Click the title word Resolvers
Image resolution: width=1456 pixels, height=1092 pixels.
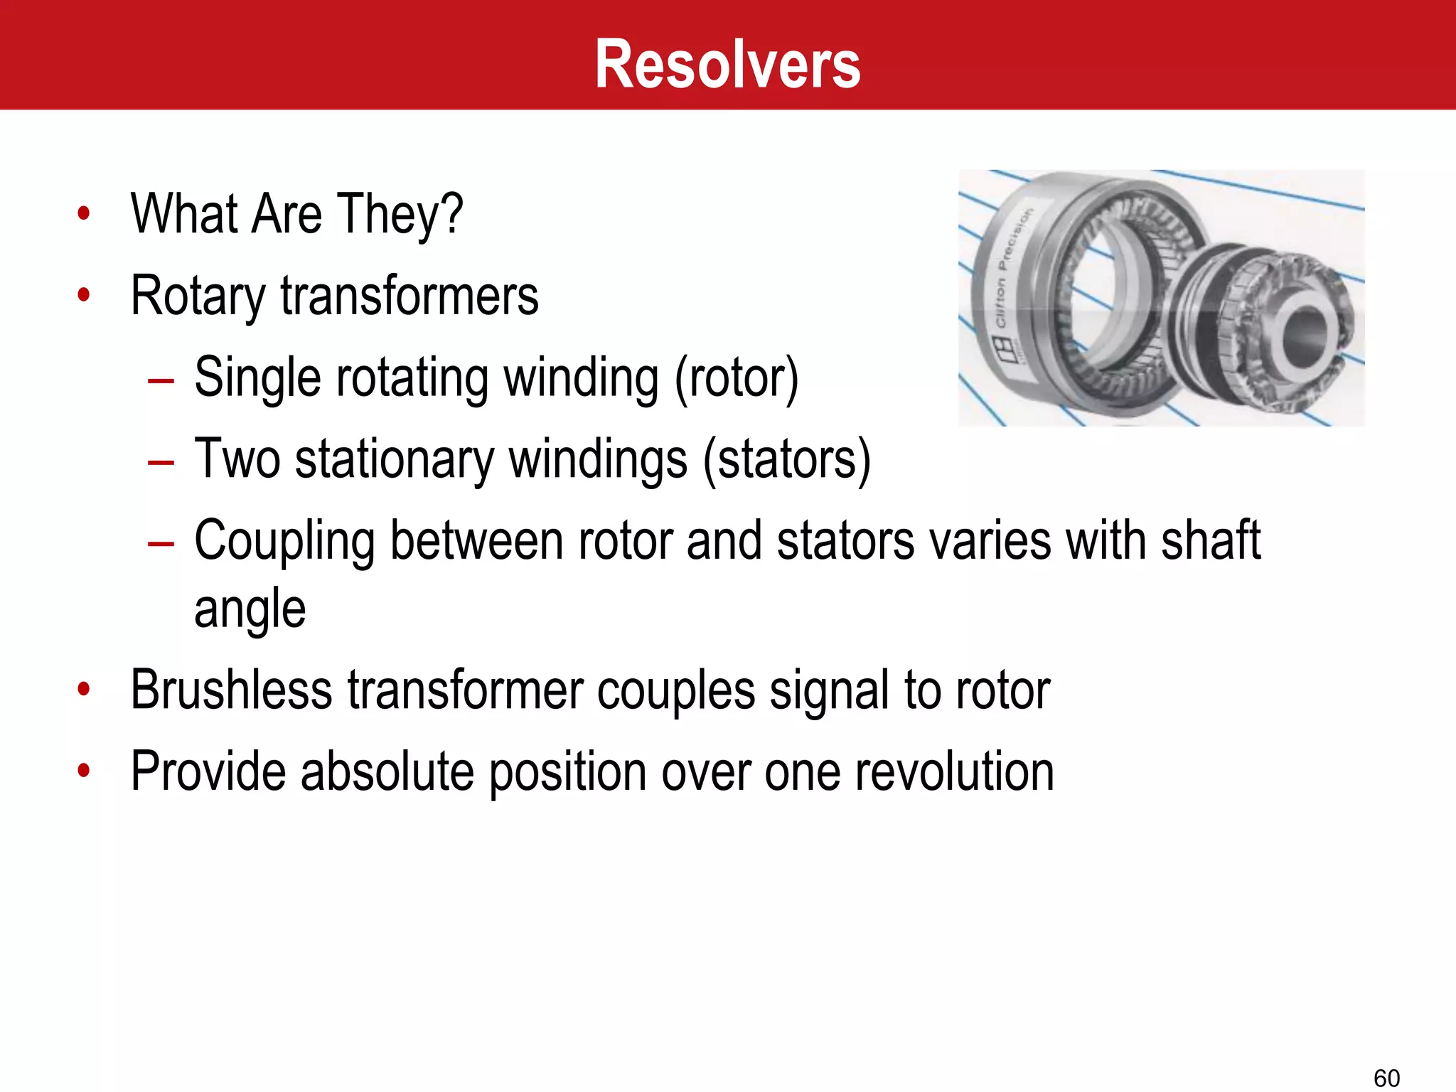[727, 65]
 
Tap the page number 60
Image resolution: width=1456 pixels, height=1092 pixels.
[1386, 1078]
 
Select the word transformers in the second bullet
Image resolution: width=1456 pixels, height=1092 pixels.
[409, 296]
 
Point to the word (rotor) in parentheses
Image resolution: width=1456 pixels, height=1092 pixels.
[737, 378]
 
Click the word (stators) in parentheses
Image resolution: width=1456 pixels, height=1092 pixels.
[787, 460]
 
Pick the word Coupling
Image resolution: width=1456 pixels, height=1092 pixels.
[284, 542]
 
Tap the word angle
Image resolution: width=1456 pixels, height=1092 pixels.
[250, 610]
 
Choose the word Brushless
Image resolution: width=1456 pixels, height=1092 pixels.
[232, 690]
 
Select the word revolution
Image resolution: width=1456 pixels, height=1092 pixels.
[955, 772]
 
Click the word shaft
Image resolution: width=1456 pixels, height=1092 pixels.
[1210, 542]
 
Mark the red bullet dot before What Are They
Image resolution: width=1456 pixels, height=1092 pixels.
[84, 213]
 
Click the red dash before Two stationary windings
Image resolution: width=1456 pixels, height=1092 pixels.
[161, 463]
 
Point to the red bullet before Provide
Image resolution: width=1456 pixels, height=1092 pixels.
[84, 771]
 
